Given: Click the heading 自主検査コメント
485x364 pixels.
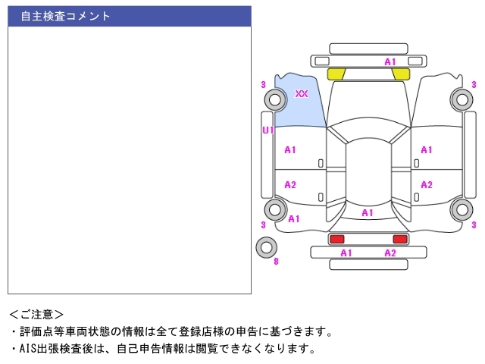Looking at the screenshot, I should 65,16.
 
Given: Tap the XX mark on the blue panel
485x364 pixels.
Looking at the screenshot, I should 302,94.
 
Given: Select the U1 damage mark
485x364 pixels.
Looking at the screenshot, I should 268,130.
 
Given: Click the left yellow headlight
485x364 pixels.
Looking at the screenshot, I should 336,74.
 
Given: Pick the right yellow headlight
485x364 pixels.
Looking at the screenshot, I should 401,74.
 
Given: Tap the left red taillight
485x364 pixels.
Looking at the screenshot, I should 336,239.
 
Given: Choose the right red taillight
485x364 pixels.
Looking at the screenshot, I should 400,239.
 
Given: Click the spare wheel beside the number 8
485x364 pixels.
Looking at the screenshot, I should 267,247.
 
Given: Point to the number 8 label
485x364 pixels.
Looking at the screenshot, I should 276,262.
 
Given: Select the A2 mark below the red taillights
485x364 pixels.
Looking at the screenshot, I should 390,253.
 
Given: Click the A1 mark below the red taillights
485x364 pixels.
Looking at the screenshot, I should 346,253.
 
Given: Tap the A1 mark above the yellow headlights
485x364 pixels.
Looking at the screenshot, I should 390,61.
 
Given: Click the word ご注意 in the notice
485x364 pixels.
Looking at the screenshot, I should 36,314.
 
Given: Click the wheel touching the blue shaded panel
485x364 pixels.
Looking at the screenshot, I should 274,99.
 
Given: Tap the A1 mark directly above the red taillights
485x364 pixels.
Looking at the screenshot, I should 368,213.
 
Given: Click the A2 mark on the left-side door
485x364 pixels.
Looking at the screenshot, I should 290,185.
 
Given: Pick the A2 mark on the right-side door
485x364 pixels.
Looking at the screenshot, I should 427,185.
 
